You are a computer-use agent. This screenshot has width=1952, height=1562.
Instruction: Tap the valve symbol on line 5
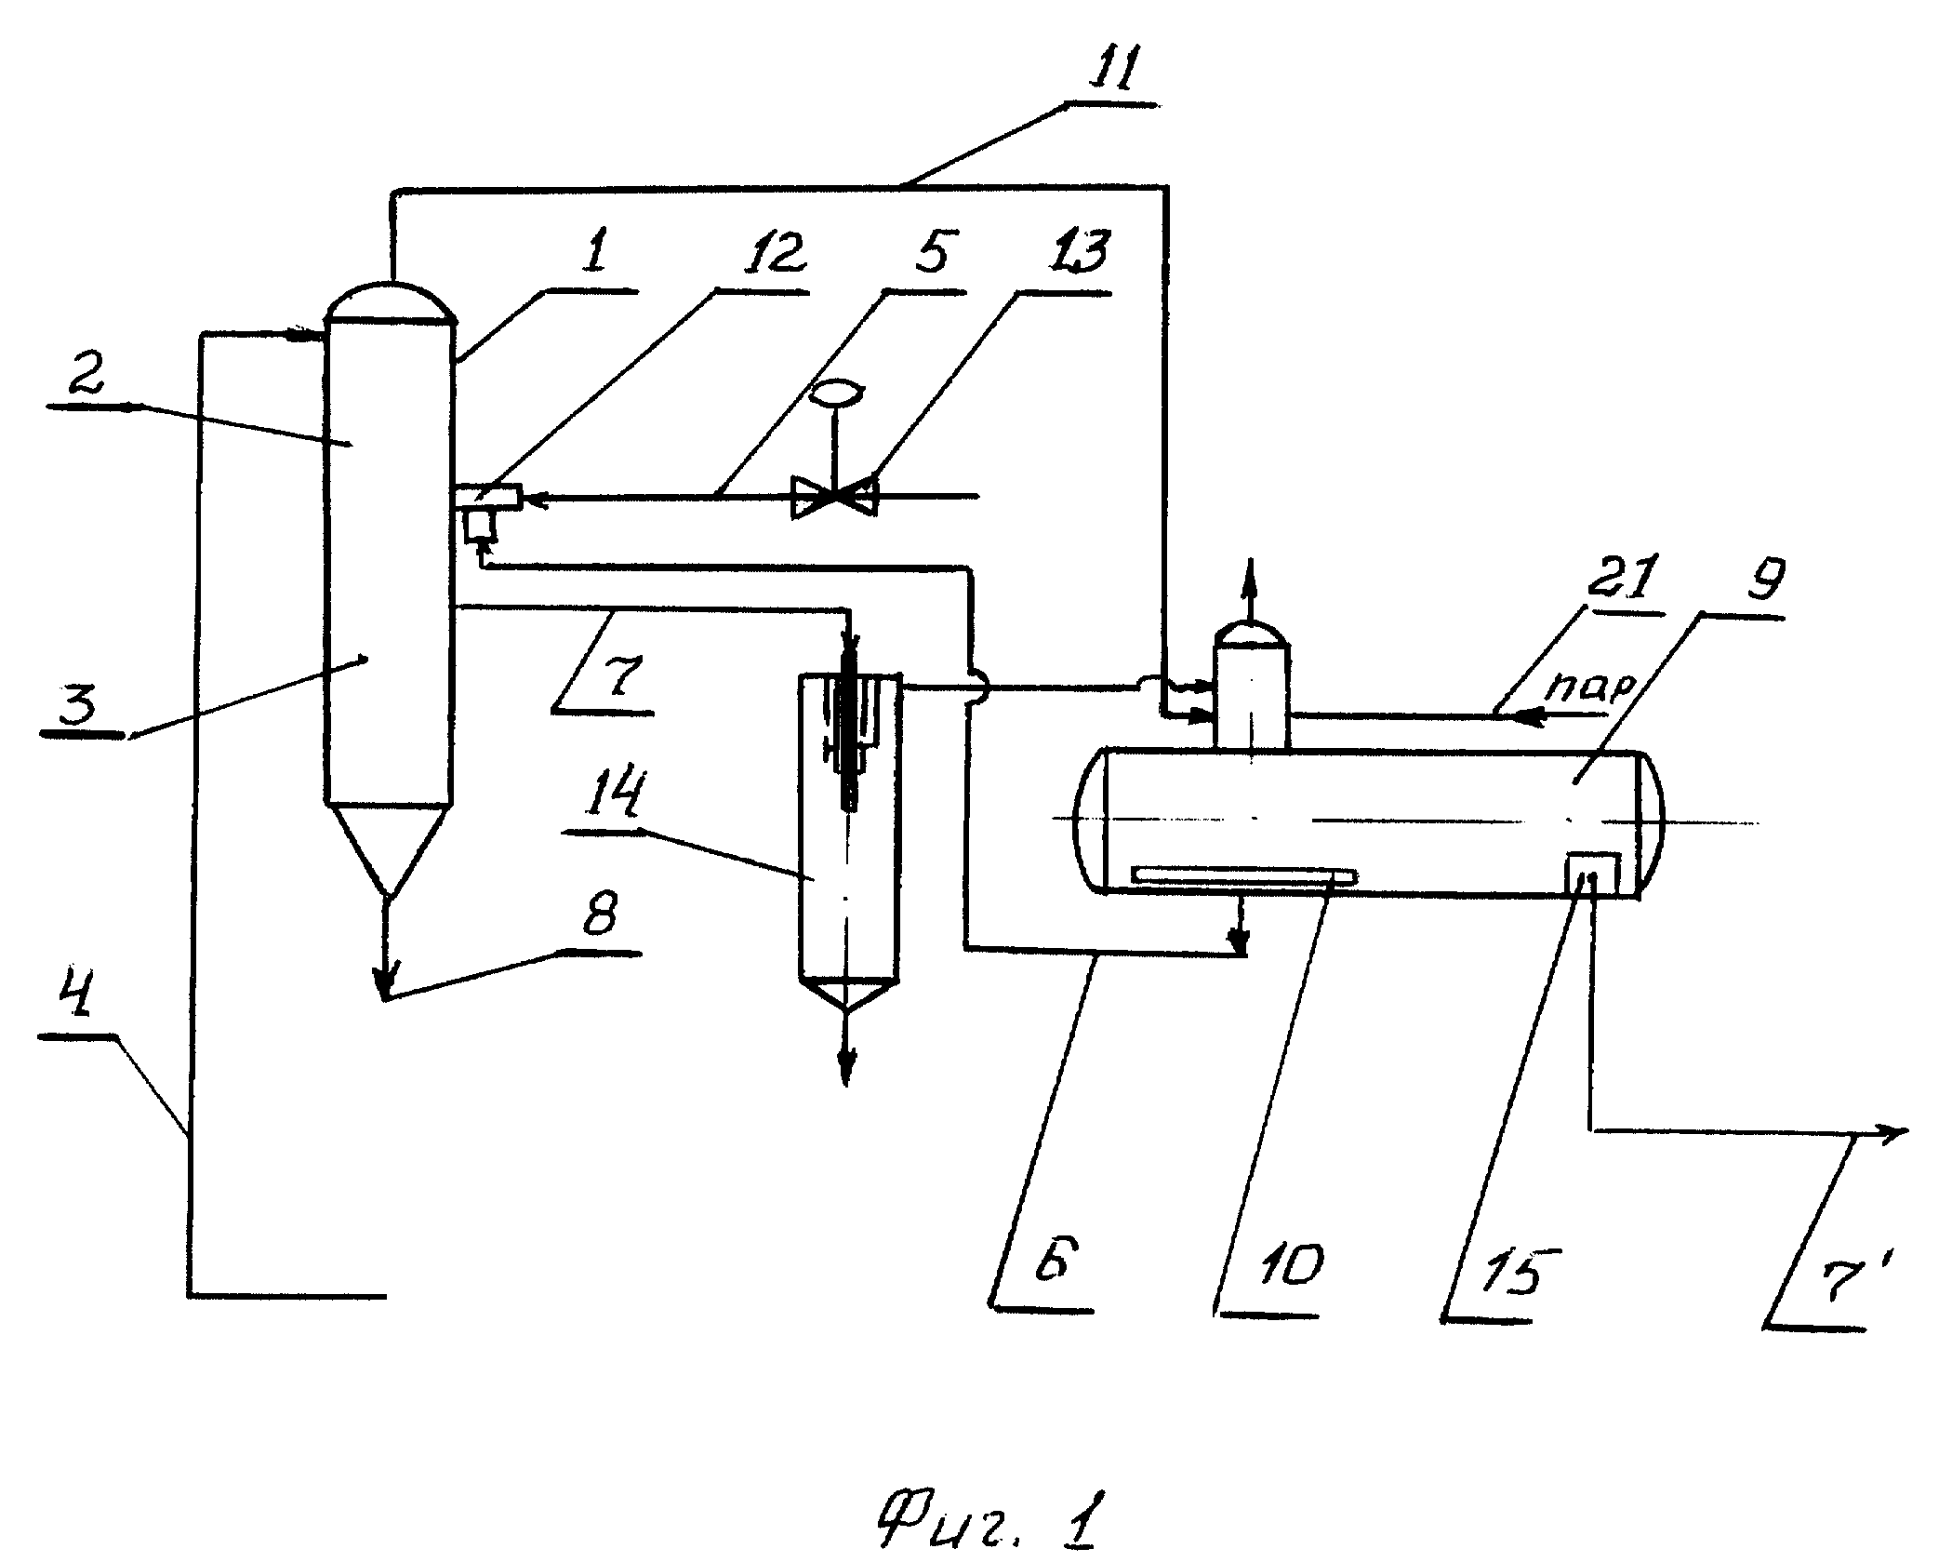click(834, 496)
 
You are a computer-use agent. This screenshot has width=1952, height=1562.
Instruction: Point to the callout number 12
click(764, 254)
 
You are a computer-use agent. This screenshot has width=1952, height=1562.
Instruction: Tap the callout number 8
click(595, 916)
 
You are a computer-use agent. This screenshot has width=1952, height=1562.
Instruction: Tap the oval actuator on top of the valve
click(834, 392)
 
